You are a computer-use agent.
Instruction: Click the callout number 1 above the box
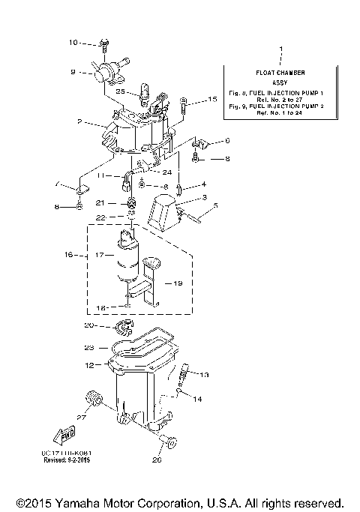point(280,49)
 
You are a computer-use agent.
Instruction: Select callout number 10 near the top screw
point(73,43)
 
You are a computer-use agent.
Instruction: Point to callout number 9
point(73,72)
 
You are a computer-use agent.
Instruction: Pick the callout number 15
point(212,99)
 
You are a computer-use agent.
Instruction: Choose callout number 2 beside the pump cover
point(78,121)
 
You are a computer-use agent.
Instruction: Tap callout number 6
point(227,141)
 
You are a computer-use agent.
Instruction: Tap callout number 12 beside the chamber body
point(89,365)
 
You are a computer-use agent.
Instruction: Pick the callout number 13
point(205,374)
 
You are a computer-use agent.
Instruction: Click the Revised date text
point(73,461)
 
